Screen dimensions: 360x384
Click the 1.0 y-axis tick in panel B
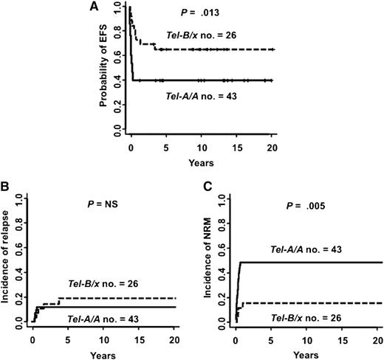pos(18,197)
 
